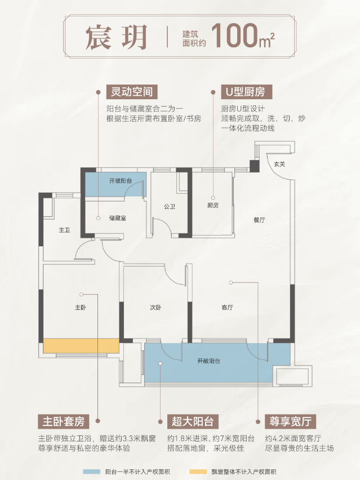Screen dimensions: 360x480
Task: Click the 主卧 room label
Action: (x=81, y=308)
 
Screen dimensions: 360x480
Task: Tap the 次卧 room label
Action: (x=155, y=308)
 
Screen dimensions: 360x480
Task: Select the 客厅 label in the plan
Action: (x=227, y=308)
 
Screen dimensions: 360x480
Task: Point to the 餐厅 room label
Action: (x=259, y=220)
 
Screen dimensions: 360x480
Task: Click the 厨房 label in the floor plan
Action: (x=213, y=206)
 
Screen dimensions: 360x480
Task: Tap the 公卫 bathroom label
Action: (x=169, y=207)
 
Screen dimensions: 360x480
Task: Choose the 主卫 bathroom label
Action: (x=65, y=230)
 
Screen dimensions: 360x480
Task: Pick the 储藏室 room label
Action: (x=118, y=218)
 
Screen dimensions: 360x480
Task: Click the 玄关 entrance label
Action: (x=279, y=165)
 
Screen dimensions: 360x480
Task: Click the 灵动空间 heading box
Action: (x=132, y=91)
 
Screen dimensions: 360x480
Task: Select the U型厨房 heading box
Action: (x=246, y=91)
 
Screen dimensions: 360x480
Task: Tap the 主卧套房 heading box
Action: (x=63, y=421)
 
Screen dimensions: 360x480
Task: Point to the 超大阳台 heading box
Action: (x=193, y=421)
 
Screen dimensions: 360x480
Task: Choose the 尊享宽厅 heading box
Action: (x=290, y=421)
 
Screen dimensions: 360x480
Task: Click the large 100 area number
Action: (x=234, y=35)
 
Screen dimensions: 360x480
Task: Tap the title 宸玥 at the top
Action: (x=116, y=37)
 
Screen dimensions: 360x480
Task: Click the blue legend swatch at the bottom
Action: (x=91, y=472)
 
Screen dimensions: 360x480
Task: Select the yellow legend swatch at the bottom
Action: (x=198, y=472)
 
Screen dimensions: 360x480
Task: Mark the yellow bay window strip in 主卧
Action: (x=81, y=346)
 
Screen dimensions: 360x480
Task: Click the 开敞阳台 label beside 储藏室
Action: (x=121, y=181)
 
